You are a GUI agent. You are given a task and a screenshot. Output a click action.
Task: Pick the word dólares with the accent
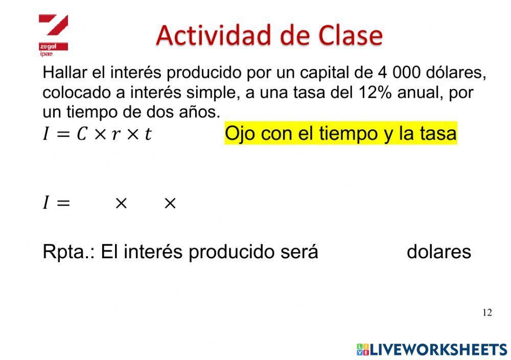(457, 73)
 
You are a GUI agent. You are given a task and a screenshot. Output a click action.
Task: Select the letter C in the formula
(82, 134)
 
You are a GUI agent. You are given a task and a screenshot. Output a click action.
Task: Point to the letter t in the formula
(148, 134)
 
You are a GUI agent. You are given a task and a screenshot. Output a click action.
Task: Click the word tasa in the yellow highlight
(438, 134)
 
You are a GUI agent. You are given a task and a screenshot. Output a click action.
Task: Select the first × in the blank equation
(121, 204)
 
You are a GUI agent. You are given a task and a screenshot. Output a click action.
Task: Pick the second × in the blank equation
(170, 204)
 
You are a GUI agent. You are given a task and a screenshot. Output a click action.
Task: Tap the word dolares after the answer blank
(438, 252)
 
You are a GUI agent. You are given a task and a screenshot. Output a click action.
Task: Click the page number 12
(486, 312)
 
